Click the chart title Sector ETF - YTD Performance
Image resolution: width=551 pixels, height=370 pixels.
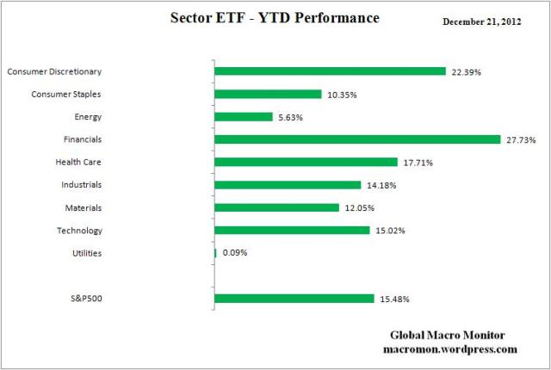point(275,18)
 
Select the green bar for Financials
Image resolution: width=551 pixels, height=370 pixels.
point(357,139)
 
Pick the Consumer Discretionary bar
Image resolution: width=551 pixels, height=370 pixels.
point(330,71)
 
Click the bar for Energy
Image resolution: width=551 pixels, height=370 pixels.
point(244,117)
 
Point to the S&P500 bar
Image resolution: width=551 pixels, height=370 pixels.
point(294,299)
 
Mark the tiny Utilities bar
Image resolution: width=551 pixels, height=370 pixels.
point(215,253)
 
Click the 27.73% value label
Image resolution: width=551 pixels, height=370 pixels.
point(523,139)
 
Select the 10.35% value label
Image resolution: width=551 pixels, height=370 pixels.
point(343,94)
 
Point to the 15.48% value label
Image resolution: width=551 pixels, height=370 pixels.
point(395,299)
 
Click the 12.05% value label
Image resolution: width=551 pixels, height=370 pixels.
point(360,207)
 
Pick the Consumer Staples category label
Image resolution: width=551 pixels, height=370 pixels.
point(66,94)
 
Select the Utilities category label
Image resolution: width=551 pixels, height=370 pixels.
point(85,253)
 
